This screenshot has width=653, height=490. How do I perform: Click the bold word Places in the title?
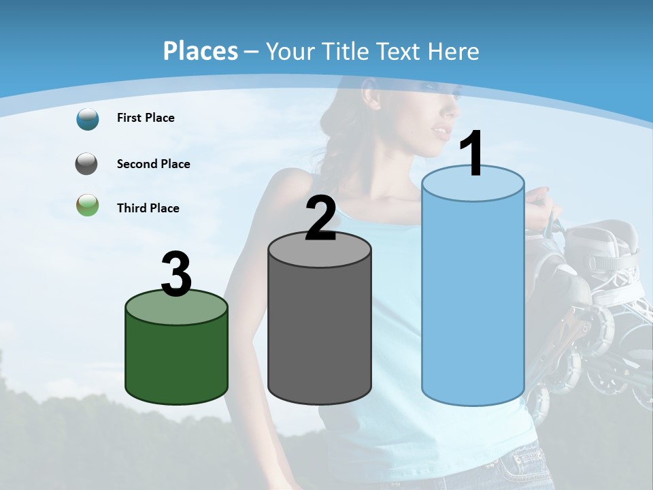point(201,51)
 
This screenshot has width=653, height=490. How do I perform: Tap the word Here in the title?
point(454,51)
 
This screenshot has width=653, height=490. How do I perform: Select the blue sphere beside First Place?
point(88,118)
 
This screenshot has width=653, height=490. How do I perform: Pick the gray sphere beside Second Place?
point(88,164)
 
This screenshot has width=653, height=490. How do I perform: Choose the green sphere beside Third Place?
point(88,205)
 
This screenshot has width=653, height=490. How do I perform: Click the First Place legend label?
point(146,118)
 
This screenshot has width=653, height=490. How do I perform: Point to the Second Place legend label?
point(153,164)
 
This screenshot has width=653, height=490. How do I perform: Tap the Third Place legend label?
point(148,208)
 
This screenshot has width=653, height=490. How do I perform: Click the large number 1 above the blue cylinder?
point(471,154)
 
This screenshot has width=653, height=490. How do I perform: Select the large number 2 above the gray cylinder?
point(321,218)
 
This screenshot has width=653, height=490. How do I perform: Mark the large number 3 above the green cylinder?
point(176,274)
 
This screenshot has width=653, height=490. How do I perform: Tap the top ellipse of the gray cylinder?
point(320,249)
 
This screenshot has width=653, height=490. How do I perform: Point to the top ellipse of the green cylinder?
point(176,308)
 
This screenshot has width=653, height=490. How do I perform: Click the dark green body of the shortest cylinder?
point(176,361)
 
